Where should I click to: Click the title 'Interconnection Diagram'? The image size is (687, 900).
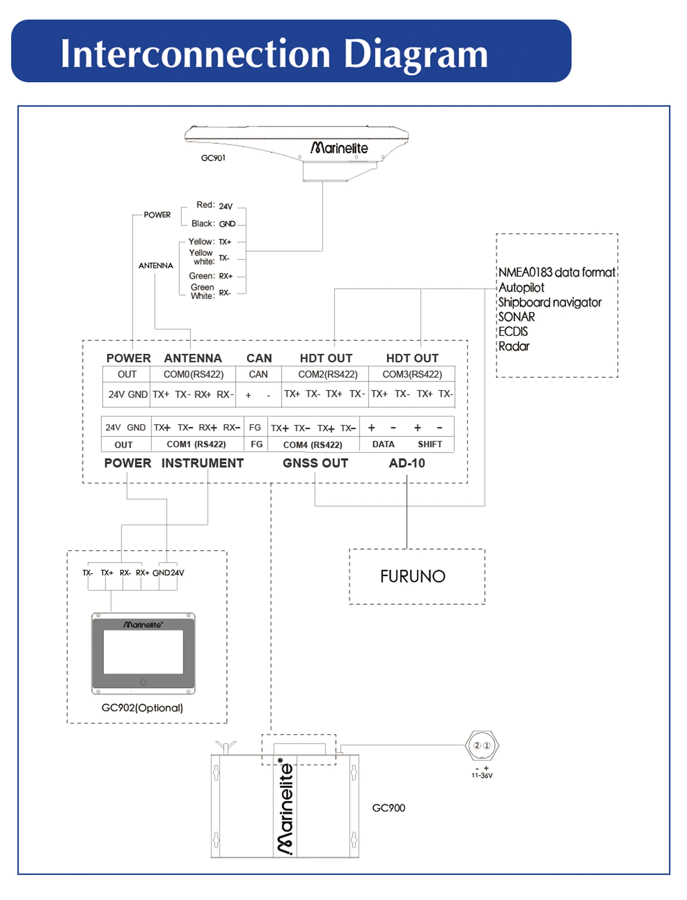274,54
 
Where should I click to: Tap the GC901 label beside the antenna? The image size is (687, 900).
213,158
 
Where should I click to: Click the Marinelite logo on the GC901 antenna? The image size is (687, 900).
339,148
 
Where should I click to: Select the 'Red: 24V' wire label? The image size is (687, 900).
214,205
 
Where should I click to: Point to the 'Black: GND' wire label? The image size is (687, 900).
213,224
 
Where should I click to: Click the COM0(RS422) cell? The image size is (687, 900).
194,374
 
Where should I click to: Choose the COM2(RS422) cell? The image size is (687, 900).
328,374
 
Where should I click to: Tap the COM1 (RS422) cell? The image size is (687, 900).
196,444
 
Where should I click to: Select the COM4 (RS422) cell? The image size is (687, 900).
313,445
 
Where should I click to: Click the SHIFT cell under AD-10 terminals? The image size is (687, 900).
430,444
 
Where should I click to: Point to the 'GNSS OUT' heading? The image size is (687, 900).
315,463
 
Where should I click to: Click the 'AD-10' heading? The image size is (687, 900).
407,463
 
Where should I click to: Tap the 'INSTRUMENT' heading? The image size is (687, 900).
202,463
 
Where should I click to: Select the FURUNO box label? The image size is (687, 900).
413,576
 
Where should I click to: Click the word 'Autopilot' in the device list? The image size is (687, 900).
521,288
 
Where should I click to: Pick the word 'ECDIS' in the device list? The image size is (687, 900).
513,332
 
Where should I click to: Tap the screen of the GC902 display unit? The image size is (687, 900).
143,652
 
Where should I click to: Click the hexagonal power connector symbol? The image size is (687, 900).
482,745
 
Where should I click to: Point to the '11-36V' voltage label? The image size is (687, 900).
482,776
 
